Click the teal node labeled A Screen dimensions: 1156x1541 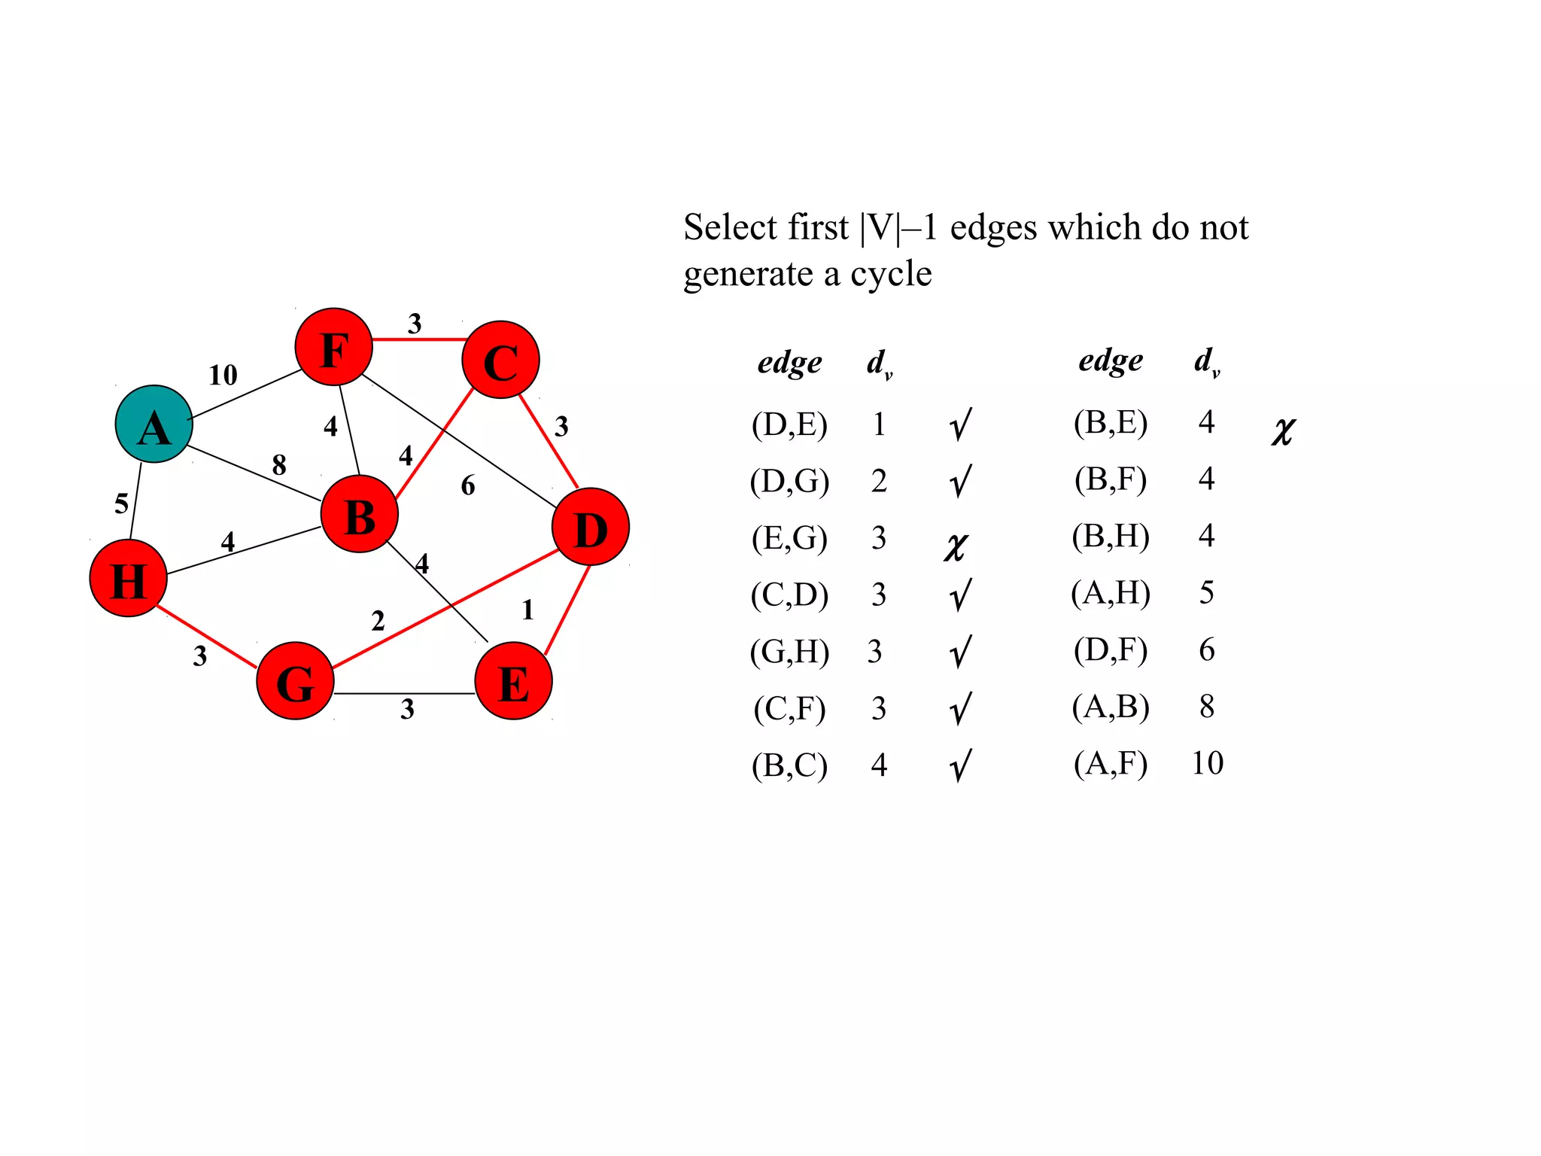click(153, 424)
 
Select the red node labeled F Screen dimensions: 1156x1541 click(333, 347)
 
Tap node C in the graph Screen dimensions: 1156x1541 click(500, 360)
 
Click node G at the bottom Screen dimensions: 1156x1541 click(295, 681)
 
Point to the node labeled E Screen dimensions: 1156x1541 click(513, 681)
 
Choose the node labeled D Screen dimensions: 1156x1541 click(591, 527)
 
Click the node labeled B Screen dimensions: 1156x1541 click(359, 514)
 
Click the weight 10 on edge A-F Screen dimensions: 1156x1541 click(223, 375)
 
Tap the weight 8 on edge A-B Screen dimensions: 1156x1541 click(279, 465)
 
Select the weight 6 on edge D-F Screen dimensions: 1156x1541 click(468, 485)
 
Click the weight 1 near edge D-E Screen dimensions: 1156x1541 click(527, 610)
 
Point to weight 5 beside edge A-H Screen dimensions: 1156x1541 click(121, 503)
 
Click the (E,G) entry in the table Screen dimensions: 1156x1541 click(789, 538)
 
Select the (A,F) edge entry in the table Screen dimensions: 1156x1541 click(1111, 764)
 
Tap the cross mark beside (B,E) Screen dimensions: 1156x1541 click(1283, 431)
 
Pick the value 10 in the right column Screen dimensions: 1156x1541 click(1207, 764)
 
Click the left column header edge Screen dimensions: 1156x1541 click(789, 363)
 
